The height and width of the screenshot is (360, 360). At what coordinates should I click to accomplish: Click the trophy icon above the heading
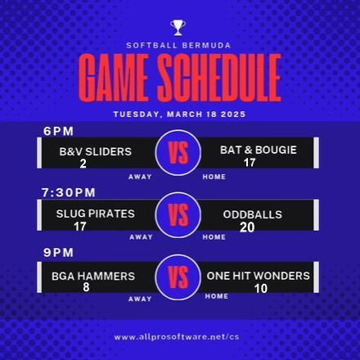178,28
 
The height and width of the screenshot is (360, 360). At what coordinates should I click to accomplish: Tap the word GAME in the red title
113,78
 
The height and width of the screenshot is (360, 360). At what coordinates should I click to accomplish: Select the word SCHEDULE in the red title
219,78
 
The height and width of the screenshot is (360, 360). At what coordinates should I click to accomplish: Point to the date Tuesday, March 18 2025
179,114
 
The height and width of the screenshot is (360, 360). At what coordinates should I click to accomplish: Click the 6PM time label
58,131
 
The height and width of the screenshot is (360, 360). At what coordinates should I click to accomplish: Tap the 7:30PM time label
69,192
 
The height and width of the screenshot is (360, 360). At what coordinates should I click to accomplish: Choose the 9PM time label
58,253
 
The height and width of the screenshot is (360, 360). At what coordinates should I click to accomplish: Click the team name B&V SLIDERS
96,151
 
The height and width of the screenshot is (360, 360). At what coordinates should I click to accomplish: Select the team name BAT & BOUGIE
259,150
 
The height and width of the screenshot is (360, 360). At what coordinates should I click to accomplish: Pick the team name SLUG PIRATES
96,214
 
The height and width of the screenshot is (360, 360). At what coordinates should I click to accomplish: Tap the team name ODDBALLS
253,214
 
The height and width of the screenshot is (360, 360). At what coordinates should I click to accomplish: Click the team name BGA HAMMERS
93,277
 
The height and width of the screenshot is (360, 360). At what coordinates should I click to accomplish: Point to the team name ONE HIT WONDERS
259,276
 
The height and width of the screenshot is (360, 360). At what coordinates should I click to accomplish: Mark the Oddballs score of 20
247,227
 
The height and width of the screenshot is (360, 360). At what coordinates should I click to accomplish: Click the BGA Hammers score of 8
86,287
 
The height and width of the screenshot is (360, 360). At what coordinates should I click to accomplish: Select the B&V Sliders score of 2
83,164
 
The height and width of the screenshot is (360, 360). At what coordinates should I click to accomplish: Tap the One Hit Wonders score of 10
261,289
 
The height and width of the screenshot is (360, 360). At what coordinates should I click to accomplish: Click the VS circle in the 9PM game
178,277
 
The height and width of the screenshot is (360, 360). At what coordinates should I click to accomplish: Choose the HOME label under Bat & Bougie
214,177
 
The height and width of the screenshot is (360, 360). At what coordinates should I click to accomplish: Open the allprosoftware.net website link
177,337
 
